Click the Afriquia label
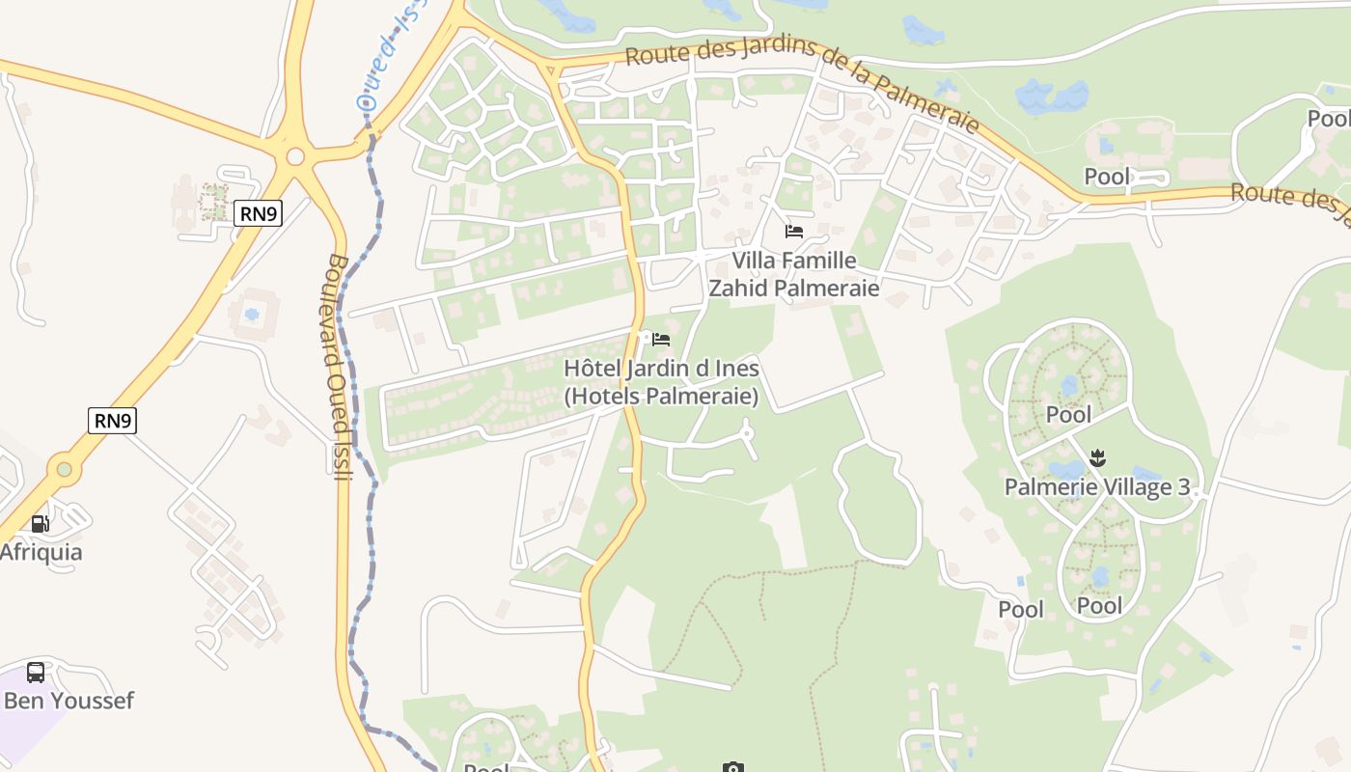coord(41,553)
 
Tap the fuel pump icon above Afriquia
coord(40,524)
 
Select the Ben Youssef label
coord(69,701)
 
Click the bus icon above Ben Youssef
coord(36,672)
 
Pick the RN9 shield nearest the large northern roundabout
coord(258,213)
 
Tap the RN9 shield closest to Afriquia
coord(112,421)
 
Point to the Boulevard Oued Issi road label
coord(338,367)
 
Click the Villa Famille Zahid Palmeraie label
coord(794,274)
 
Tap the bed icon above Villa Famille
coord(794,232)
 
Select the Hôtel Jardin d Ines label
coord(661,382)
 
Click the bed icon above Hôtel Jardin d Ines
coord(661,340)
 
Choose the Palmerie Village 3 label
coord(1097,486)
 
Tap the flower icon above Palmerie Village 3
coord(1097,456)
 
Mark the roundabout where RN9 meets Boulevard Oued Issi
coord(295,156)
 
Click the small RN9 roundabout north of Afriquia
coord(64,470)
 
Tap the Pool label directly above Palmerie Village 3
coord(1069,415)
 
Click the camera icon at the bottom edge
coord(733,767)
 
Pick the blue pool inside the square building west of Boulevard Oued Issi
coord(252,315)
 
